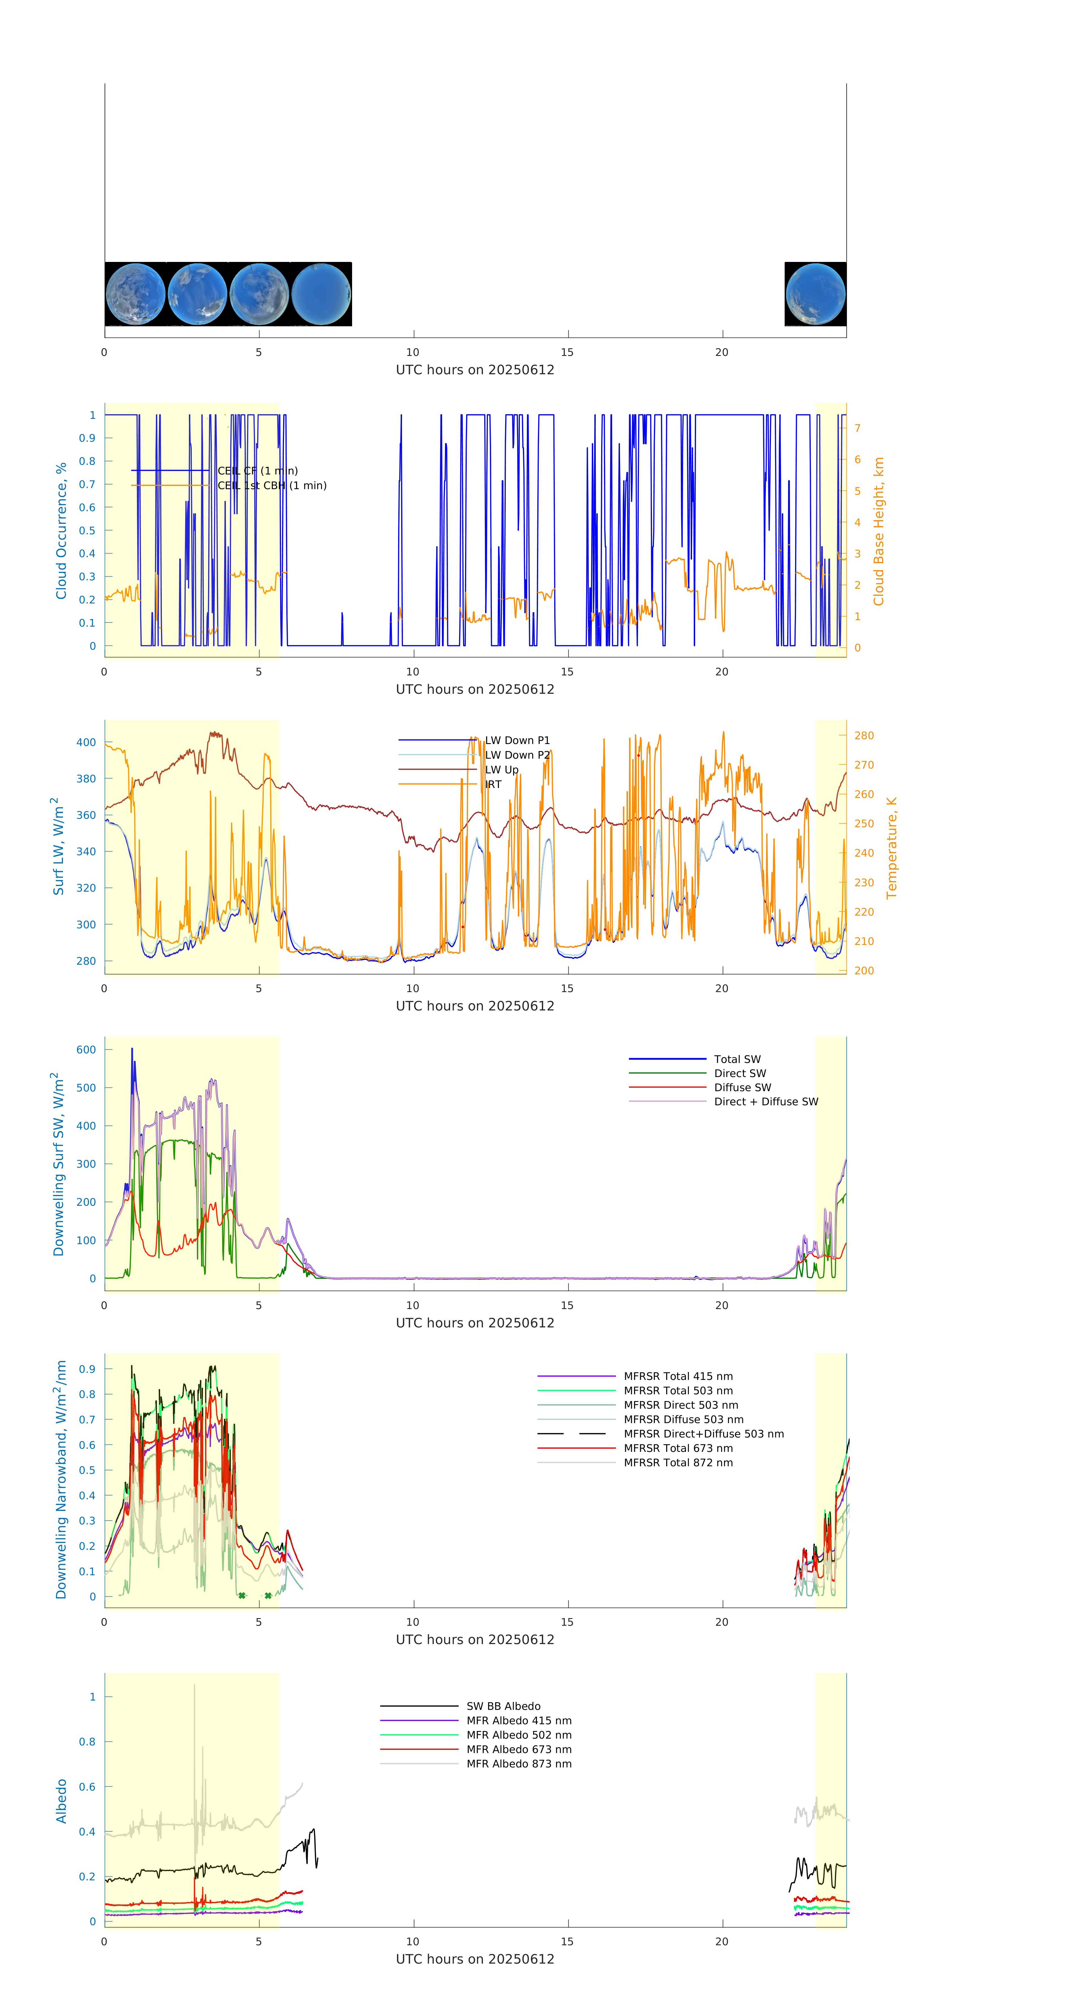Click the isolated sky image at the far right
815,294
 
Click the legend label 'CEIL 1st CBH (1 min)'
272,485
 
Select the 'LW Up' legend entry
501,770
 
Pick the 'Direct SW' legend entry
739,1073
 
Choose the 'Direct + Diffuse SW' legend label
765,1102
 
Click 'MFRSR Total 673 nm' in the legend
678,1448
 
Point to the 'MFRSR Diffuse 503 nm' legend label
683,1419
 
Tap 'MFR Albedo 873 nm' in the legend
518,1763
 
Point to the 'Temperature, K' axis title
891,848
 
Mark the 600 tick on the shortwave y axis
86,1050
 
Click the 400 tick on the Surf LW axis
86,742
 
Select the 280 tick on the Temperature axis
864,735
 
